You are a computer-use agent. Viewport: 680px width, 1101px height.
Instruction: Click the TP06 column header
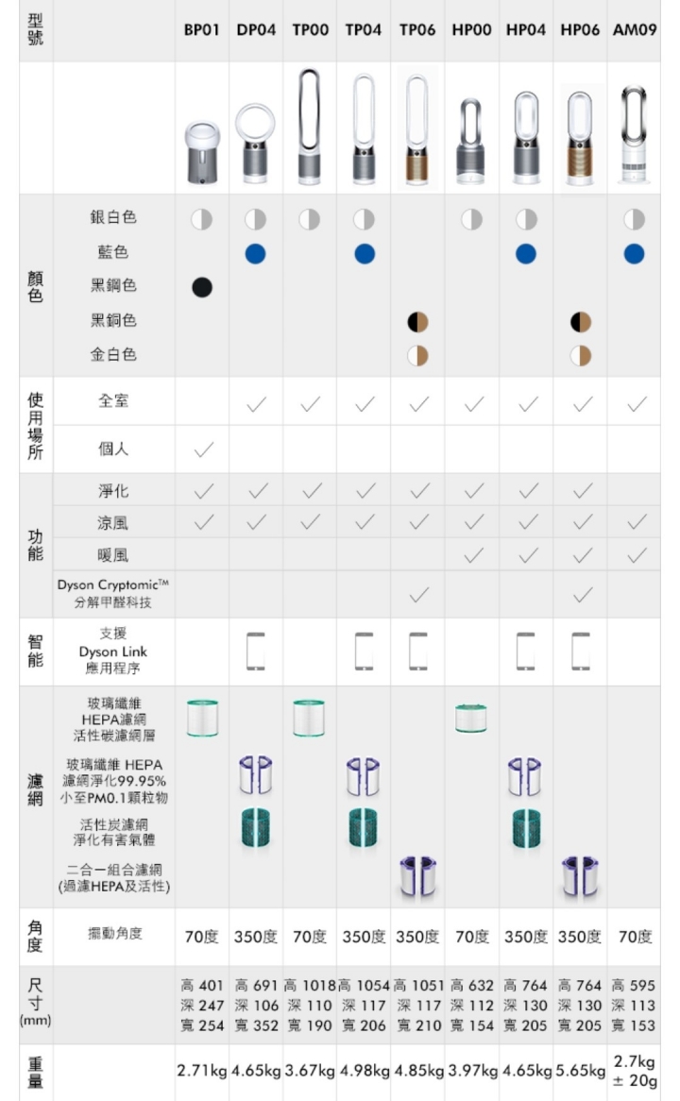pyautogui.click(x=417, y=30)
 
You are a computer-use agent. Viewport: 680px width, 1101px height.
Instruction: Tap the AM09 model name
pyautogui.click(x=635, y=30)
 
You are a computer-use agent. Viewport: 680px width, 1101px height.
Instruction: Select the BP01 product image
pyautogui.click(x=202, y=152)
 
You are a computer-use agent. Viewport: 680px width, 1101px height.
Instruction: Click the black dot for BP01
pyautogui.click(x=202, y=287)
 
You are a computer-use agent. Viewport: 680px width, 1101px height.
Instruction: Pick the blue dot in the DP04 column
pyautogui.click(x=256, y=253)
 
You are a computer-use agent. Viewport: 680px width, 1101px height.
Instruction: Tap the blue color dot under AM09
pyautogui.click(x=635, y=253)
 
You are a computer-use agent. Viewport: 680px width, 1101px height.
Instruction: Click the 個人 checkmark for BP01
pyautogui.click(x=204, y=449)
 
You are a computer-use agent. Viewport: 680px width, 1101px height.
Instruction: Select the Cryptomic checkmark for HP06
pyautogui.click(x=583, y=596)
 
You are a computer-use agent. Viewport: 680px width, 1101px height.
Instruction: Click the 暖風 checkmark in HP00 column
pyautogui.click(x=474, y=555)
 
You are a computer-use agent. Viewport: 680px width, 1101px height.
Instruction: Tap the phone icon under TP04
pyautogui.click(x=364, y=652)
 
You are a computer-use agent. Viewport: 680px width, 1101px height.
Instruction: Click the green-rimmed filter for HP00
pyautogui.click(x=470, y=718)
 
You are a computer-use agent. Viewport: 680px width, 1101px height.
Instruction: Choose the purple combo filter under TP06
pyautogui.click(x=418, y=877)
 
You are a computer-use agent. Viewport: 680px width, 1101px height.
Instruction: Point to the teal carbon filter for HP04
pyautogui.click(x=526, y=828)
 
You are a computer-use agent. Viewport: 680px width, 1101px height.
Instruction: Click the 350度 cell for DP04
pyautogui.click(x=256, y=937)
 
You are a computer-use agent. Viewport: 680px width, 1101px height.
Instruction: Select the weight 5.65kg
pyautogui.click(x=580, y=1072)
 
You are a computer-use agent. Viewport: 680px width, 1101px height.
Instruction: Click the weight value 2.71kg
pyautogui.click(x=201, y=1072)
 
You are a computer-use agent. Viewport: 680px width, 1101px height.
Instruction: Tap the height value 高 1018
pyautogui.click(x=310, y=986)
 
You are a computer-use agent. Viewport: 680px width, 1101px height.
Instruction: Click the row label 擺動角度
pyautogui.click(x=114, y=933)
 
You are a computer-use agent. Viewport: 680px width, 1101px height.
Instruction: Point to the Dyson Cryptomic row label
pyautogui.click(x=113, y=593)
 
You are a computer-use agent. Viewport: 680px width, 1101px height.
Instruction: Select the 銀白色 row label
pyautogui.click(x=113, y=217)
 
